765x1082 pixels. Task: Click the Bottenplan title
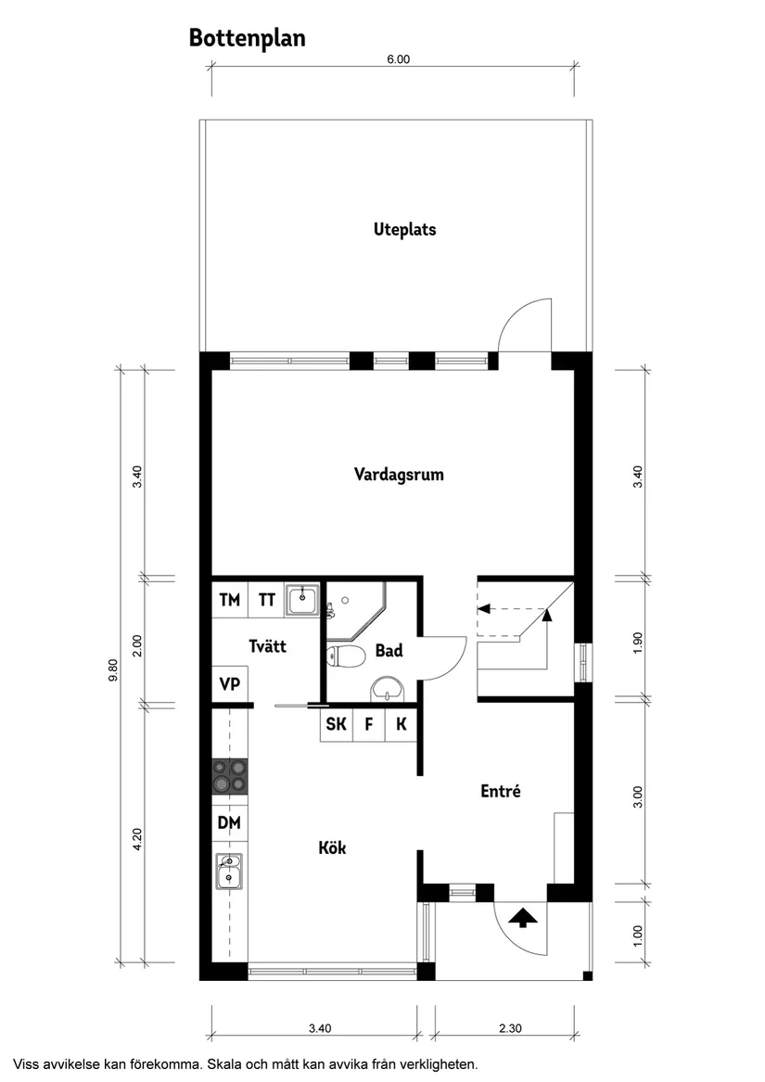pyautogui.click(x=247, y=38)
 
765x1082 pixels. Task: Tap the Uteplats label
pyautogui.click(x=404, y=229)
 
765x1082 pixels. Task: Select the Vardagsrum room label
pyautogui.click(x=399, y=475)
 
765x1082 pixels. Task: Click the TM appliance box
pyautogui.click(x=229, y=600)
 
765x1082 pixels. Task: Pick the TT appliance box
pyautogui.click(x=266, y=600)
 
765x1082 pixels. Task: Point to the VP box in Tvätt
pyautogui.click(x=229, y=685)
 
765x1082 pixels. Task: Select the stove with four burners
pyautogui.click(x=230, y=776)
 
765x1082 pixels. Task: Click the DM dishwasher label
pyautogui.click(x=229, y=821)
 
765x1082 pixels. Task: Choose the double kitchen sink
pyautogui.click(x=229, y=872)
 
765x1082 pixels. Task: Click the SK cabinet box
pyautogui.click(x=337, y=724)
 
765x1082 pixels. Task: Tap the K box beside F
pyautogui.click(x=401, y=724)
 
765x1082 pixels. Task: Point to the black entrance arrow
pyautogui.click(x=524, y=918)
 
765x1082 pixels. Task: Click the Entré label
pyautogui.click(x=501, y=792)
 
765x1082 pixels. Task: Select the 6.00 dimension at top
pyautogui.click(x=397, y=59)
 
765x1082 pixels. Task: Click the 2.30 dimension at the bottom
pyautogui.click(x=511, y=1027)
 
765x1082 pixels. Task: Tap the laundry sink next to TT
pyautogui.click(x=302, y=600)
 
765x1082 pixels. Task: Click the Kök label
pyautogui.click(x=332, y=847)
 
